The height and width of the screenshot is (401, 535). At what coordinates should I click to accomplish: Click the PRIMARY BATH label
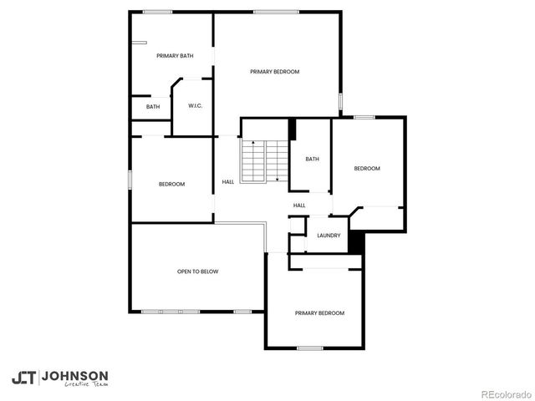175,56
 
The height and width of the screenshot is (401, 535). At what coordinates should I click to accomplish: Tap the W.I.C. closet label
196,106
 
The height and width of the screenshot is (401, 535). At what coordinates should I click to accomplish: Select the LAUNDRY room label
329,236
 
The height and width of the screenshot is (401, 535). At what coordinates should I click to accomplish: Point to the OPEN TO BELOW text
197,272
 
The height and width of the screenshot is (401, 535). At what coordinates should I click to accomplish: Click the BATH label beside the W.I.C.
153,107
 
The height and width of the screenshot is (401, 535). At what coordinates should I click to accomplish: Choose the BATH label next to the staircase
312,160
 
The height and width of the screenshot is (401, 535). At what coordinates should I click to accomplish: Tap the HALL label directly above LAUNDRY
299,206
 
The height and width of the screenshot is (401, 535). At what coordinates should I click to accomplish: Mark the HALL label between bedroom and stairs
227,182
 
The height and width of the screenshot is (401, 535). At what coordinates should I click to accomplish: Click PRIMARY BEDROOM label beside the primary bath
274,72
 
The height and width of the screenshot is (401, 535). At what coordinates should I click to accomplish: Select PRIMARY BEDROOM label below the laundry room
319,313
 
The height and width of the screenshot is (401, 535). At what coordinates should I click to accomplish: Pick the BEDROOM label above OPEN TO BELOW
171,184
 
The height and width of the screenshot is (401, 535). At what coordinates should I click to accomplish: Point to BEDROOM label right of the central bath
367,169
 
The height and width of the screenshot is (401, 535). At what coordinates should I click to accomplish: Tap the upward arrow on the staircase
252,145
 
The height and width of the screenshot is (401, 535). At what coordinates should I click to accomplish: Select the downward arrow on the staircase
276,177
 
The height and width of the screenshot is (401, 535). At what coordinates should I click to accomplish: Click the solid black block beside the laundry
355,241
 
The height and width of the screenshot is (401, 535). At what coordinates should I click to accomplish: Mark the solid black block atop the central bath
292,129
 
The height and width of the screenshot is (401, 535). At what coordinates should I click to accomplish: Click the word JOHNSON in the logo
74,376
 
